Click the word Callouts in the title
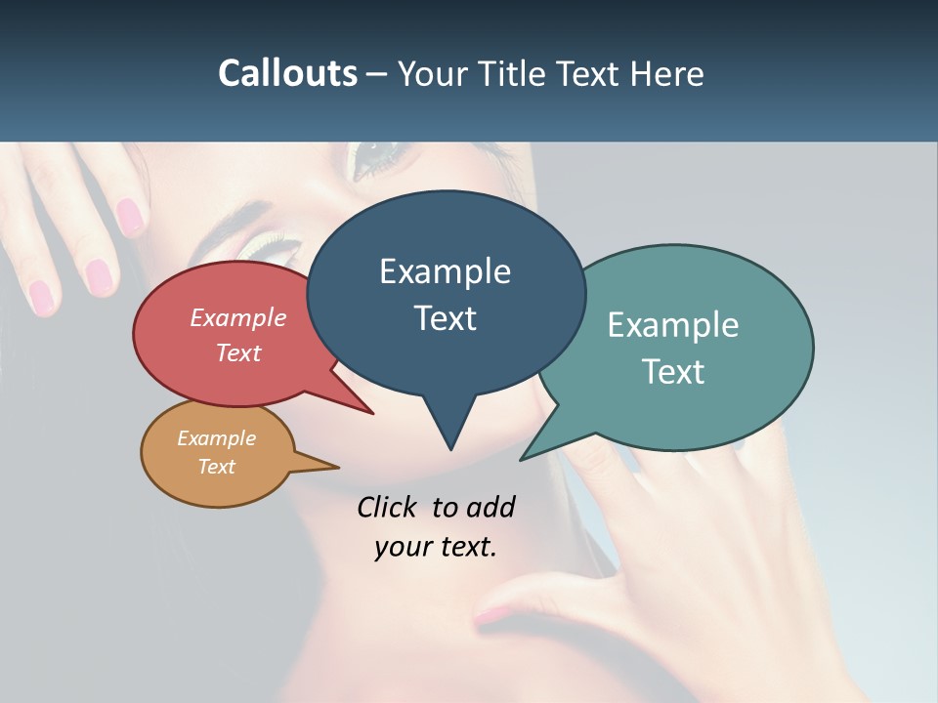point(287,73)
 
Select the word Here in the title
point(668,73)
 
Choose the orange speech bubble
point(217,453)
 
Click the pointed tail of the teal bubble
point(525,457)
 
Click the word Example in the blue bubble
point(445,271)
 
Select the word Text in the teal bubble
point(672,372)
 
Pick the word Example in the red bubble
point(238,317)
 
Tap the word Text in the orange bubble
point(217,467)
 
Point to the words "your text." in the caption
point(436,547)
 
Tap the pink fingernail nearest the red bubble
point(100,276)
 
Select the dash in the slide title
point(377,74)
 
